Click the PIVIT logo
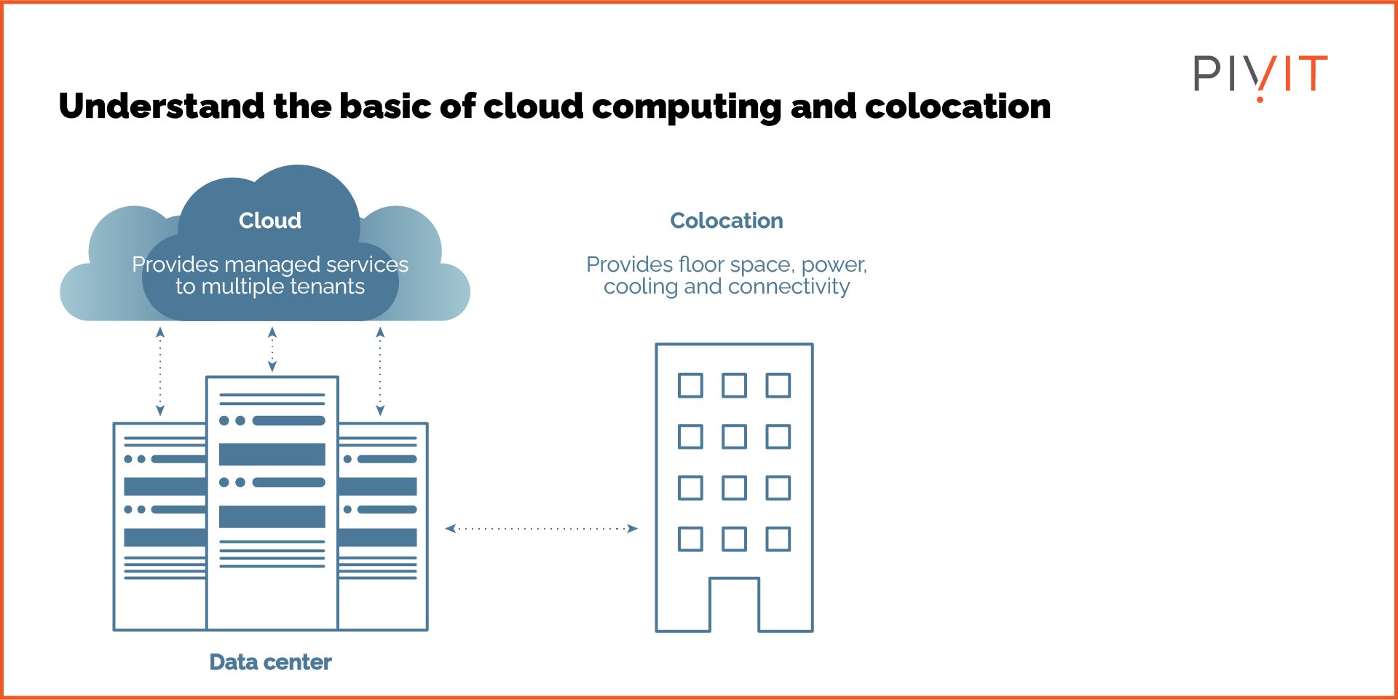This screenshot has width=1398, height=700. (1260, 74)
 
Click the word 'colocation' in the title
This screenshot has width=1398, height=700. (957, 106)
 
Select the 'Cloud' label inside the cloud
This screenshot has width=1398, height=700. (269, 220)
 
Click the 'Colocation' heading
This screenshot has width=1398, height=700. (726, 220)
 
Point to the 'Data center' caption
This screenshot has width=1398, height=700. (270, 661)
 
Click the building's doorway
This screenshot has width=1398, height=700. (734, 605)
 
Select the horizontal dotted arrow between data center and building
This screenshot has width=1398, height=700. (541, 528)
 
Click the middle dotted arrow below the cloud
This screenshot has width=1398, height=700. (272, 349)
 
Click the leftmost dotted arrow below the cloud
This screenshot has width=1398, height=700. (160, 371)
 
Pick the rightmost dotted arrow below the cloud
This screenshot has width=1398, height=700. (380, 371)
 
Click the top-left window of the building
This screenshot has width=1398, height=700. (690, 385)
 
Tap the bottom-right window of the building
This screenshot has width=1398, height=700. (778, 539)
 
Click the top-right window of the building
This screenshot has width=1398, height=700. (778, 385)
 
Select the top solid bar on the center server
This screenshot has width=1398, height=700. (272, 454)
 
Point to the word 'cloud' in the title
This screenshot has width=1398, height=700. (533, 106)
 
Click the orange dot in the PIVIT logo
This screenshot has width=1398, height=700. (1260, 98)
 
